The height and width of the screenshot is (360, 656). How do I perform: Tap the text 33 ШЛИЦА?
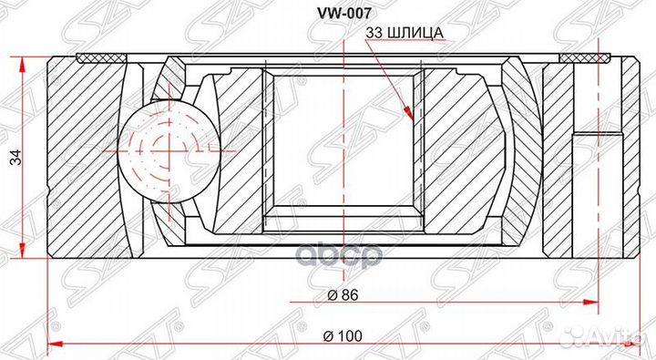pyautogui.click(x=404, y=34)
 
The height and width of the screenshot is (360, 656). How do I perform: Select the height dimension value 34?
pyautogui.click(x=14, y=158)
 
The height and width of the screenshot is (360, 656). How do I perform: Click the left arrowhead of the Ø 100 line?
pyautogui.click(x=53, y=344)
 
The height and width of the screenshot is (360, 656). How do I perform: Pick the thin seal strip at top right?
pyautogui.click(x=588, y=59)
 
